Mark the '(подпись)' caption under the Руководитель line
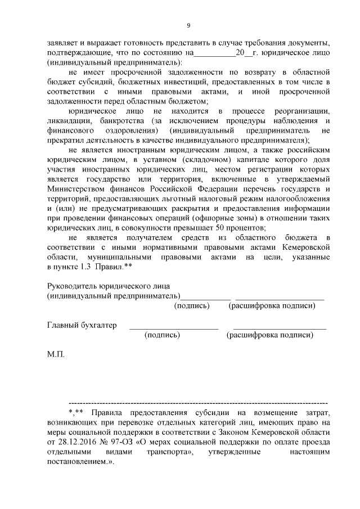[192, 305]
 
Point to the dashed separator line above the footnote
[197, 403]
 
